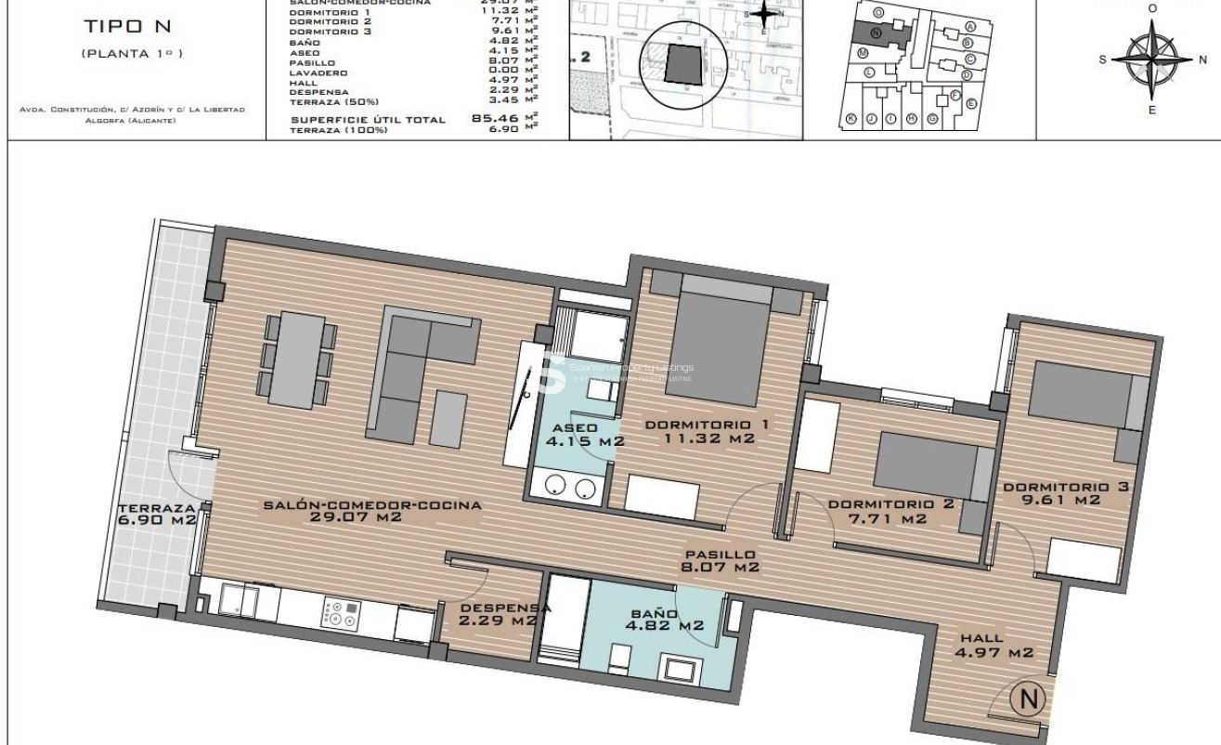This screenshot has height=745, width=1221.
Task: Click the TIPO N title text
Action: [133, 28]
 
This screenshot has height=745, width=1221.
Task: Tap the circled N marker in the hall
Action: [1028, 698]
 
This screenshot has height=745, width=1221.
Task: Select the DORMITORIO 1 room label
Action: [707, 431]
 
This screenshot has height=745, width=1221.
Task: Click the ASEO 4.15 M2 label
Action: [584, 435]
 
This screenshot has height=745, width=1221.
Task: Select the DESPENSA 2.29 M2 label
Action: [498, 614]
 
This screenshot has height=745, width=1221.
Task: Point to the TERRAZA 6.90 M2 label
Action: [157, 514]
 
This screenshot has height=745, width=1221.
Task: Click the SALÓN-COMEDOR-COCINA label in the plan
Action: [371, 511]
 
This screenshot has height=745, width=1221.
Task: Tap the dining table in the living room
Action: [298, 359]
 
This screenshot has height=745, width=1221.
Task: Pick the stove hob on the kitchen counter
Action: [340, 613]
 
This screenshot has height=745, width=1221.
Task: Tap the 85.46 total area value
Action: [495, 119]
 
